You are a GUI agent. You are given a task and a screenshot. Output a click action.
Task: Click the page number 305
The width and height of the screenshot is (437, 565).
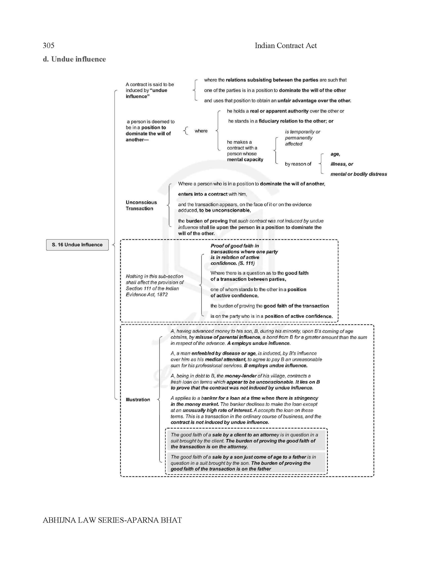pos(49,46)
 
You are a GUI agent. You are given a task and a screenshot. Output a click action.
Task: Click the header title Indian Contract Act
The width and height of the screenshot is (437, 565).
pos(286,46)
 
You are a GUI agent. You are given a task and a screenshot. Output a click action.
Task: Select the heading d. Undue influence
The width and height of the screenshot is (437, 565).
pos(74,59)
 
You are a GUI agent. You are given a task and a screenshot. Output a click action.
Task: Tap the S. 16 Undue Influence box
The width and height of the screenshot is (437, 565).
pos(77,245)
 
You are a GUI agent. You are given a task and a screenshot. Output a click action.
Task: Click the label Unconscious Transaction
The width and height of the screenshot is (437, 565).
pos(141,205)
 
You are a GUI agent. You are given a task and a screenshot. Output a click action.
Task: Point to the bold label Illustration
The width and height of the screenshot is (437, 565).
pos(138,399)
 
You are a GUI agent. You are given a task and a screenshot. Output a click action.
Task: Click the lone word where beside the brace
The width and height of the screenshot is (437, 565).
pos(201,131)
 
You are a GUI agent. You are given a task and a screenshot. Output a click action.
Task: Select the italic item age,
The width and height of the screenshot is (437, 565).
pos(335,154)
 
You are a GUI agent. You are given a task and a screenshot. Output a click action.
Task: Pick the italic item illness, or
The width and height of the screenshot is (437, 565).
pos(342,164)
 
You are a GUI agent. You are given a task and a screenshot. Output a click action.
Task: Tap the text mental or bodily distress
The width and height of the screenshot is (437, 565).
pos(359,174)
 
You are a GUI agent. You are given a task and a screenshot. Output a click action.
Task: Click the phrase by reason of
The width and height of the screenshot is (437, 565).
pos(298,164)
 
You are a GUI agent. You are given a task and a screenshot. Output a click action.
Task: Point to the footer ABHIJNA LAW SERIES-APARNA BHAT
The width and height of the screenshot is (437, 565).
pos(112,520)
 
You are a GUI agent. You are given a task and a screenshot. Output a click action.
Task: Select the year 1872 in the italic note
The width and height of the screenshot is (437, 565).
pos(162,294)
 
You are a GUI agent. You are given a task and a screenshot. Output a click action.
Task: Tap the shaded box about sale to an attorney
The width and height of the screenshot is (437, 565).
pos(246,441)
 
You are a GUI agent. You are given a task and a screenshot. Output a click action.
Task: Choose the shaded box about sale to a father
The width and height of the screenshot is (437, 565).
pos(246,463)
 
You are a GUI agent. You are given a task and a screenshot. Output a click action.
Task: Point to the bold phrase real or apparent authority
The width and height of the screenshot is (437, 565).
pos(279,111)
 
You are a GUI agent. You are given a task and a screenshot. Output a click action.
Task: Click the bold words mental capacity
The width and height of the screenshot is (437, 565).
pos(245,160)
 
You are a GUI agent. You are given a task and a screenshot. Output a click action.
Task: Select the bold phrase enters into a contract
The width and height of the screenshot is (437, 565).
pos(203,194)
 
